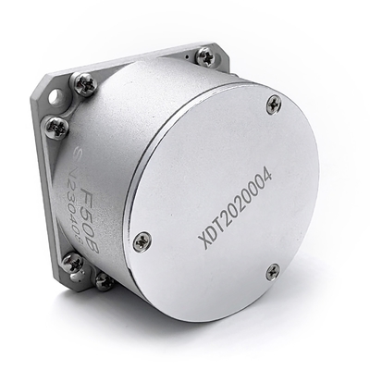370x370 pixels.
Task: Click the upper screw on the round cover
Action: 273,104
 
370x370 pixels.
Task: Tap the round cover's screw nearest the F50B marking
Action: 142,241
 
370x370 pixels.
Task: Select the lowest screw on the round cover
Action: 273,271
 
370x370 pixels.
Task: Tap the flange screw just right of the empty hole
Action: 85,83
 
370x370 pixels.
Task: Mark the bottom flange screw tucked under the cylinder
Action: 105,280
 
